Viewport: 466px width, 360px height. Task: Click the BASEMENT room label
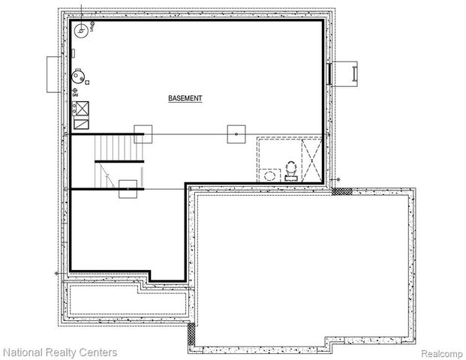click(x=185, y=98)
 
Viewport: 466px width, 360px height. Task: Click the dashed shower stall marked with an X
click(x=312, y=160)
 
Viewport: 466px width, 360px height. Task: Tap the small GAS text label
click(x=74, y=96)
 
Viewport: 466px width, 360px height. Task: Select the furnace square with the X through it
click(x=82, y=108)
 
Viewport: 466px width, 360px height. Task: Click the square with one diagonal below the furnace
click(x=82, y=122)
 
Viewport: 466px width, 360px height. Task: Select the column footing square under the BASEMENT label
click(x=236, y=134)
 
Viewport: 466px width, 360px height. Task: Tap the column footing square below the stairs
click(x=128, y=189)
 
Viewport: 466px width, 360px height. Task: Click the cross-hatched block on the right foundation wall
click(x=341, y=192)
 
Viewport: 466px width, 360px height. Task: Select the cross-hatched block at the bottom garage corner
click(x=191, y=331)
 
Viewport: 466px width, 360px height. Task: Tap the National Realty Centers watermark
click(x=59, y=352)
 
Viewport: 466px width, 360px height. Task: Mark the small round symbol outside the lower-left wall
click(x=58, y=272)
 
